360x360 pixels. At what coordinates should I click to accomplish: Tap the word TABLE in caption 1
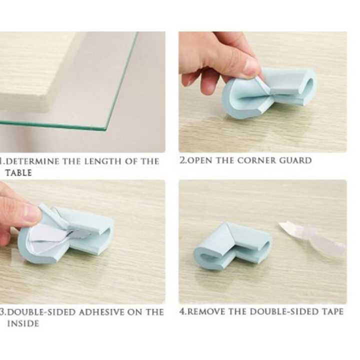18,173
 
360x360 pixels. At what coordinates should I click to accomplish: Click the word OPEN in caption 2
198,160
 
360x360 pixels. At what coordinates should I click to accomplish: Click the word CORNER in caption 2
255,160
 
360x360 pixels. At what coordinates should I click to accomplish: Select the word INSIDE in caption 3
23,323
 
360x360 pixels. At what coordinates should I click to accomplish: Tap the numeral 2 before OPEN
182,160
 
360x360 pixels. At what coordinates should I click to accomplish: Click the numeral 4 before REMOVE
182,311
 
